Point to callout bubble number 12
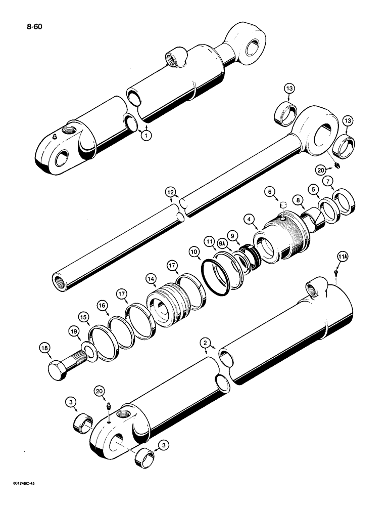171,191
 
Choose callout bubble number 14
151,277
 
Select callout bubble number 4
249,219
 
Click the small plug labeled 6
283,205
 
